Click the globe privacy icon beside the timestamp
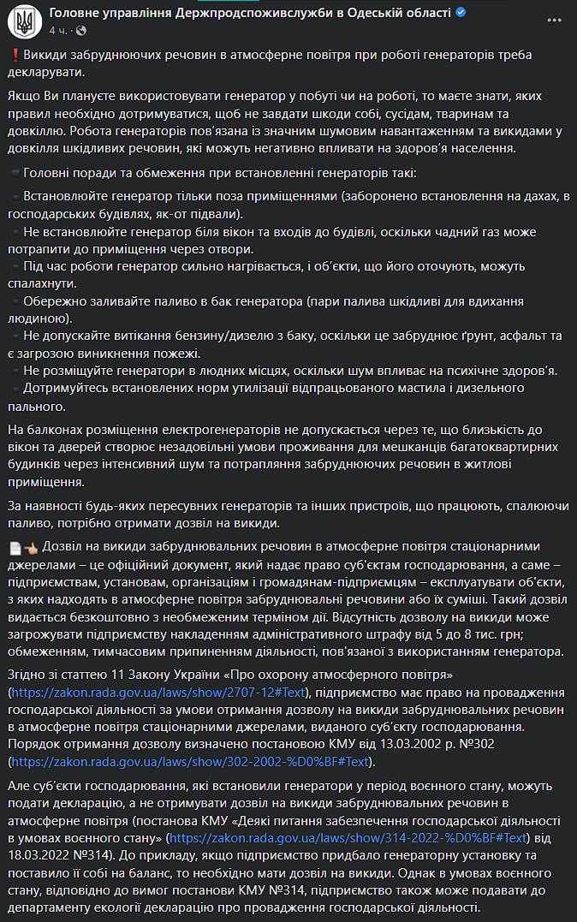[81, 30]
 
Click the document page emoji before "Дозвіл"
[15, 547]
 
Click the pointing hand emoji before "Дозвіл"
[31, 547]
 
